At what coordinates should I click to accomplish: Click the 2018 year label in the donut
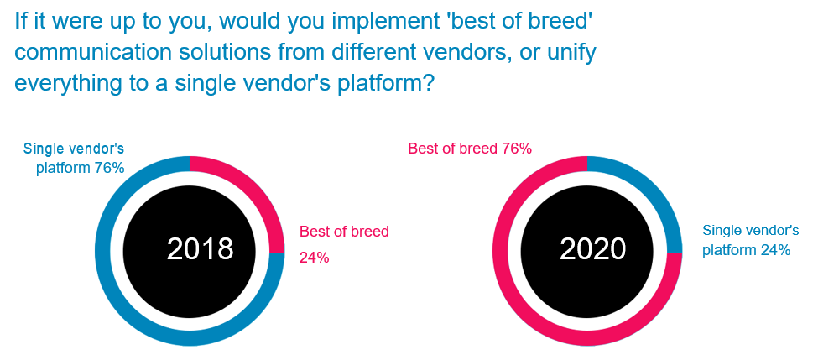coord(201,248)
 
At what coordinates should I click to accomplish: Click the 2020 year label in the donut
coord(592,248)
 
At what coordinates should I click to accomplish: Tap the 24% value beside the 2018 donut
coord(314,258)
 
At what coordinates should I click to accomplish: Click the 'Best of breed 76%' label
coord(470,149)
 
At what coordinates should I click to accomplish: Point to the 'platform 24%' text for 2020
coord(746,250)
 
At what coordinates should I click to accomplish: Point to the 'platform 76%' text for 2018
coord(81,168)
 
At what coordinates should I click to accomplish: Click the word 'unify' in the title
coord(573,54)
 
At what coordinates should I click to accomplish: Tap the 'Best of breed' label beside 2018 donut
coord(344,232)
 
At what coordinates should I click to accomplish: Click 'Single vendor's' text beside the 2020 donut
coord(751,230)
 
